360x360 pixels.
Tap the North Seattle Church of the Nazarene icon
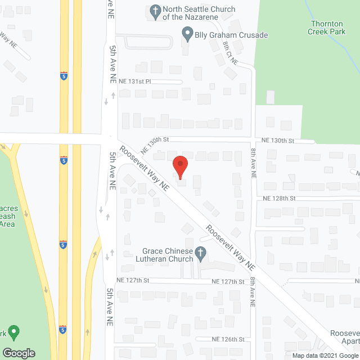155,11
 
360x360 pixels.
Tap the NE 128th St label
279,199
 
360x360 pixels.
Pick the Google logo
18,353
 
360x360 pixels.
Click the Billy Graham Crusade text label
231,35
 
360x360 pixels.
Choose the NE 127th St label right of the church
228,281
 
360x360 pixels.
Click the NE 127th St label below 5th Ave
133,280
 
